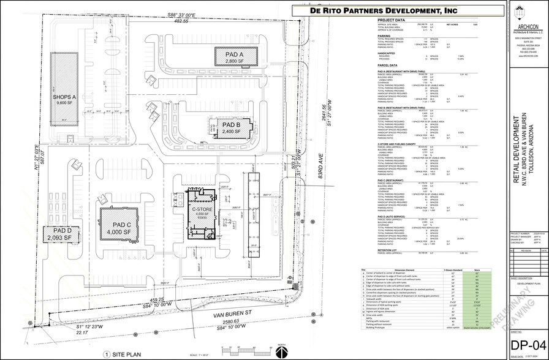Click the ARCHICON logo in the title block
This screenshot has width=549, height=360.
click(528, 15)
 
